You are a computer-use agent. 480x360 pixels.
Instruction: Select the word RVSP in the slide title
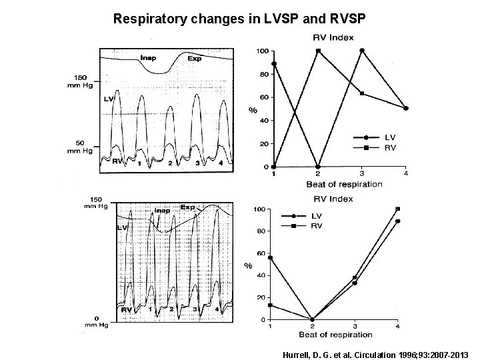tap(342, 19)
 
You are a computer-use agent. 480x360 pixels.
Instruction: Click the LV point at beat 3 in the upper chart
tap(362, 51)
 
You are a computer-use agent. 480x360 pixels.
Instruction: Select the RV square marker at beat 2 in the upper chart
tap(318, 51)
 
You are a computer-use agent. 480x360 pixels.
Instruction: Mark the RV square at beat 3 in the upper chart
tap(362, 93)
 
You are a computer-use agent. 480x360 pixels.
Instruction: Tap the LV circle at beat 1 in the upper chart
tap(274, 64)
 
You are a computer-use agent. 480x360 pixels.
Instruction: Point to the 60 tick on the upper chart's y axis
tap(264, 97)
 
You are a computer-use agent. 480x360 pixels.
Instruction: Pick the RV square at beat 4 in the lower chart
tap(398, 209)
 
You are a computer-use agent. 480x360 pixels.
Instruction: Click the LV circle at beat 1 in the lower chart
tap(270, 257)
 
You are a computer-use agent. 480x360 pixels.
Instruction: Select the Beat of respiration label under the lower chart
tap(335, 333)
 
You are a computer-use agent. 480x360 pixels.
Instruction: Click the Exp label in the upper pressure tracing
tap(194, 58)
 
